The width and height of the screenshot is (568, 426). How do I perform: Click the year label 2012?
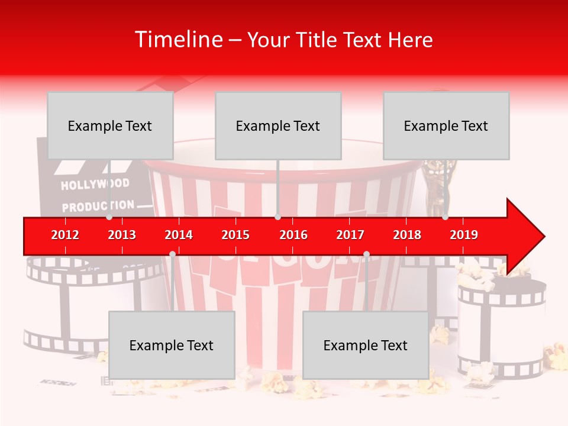point(65,235)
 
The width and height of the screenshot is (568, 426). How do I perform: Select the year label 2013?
point(122,235)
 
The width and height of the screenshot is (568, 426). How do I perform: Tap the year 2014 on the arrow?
point(179,235)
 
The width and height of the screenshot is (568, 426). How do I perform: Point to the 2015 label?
point(235,235)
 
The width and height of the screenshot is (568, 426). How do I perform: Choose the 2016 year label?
point(293,235)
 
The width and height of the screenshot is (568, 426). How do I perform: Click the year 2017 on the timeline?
point(350,235)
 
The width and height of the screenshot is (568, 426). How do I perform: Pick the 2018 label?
point(407,235)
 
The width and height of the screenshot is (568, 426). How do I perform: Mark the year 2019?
point(464,235)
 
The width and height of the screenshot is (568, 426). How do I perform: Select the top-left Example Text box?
point(110,126)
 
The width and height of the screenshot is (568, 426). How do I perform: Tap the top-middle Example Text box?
point(278,126)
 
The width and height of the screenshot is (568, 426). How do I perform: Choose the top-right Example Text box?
point(446,126)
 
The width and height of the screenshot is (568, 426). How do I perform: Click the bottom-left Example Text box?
point(172,346)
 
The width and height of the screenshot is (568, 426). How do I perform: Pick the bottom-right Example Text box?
point(366,346)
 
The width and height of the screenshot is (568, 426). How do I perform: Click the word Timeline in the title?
point(178,40)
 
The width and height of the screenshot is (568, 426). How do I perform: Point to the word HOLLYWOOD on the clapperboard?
point(95,184)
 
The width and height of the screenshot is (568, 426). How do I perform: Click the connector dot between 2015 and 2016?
point(277,217)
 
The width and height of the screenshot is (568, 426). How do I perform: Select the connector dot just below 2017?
point(366,254)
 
